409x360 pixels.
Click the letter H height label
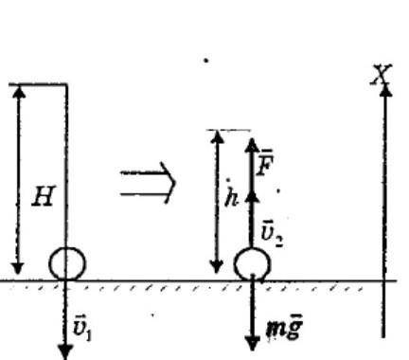coord(44,196)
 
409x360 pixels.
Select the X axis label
coord(382,74)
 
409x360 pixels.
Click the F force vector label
coord(264,162)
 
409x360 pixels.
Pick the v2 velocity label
coord(272,235)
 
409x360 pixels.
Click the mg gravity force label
coord(284,327)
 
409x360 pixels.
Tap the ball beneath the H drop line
coord(67,264)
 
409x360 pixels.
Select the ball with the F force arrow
coord(252,264)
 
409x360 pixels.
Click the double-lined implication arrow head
coord(169,183)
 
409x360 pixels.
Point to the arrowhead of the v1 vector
coord(65,352)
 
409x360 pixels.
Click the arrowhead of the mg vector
coord(252,344)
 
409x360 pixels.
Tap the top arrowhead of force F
coord(252,145)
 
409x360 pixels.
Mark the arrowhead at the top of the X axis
coord(384,90)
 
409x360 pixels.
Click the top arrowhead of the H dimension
coord(20,92)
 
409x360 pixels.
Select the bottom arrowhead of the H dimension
coord(18,268)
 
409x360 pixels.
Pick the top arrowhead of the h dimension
coord(217,136)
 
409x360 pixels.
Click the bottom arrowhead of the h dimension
coord(216,267)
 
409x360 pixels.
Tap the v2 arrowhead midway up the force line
coord(252,196)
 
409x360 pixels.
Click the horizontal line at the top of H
coord(38,84)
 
